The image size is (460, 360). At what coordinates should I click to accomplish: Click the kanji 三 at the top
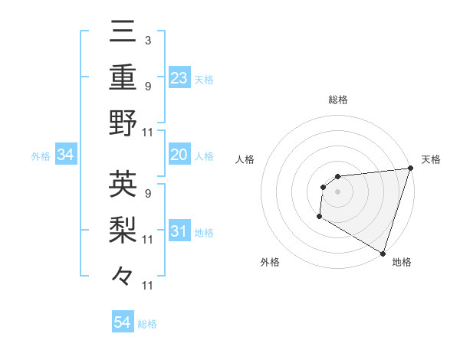coord(123,33)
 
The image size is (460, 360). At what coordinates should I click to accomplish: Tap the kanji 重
coord(123,77)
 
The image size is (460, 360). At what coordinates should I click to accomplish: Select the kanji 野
coord(123,122)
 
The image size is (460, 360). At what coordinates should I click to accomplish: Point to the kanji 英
coord(123,185)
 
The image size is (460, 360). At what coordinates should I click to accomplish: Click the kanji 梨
coord(123,229)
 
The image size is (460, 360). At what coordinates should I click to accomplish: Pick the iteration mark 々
coord(123,274)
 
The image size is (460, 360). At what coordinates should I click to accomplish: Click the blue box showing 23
coord(179,77)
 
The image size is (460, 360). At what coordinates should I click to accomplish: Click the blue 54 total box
coord(122,323)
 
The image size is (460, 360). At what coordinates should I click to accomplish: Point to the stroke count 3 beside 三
coord(147,40)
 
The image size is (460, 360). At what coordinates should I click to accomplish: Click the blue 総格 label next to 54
coord(147,324)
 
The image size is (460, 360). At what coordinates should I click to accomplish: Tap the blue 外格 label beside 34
coord(41,156)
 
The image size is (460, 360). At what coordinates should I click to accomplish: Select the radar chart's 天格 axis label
coord(431,159)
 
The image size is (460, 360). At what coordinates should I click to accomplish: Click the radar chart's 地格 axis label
coord(402,262)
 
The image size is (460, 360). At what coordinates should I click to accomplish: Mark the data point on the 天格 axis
coord(410,168)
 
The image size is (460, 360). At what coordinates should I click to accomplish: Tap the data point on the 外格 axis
coord(319,217)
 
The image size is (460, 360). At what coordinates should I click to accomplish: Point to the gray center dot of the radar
coord(337,191)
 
